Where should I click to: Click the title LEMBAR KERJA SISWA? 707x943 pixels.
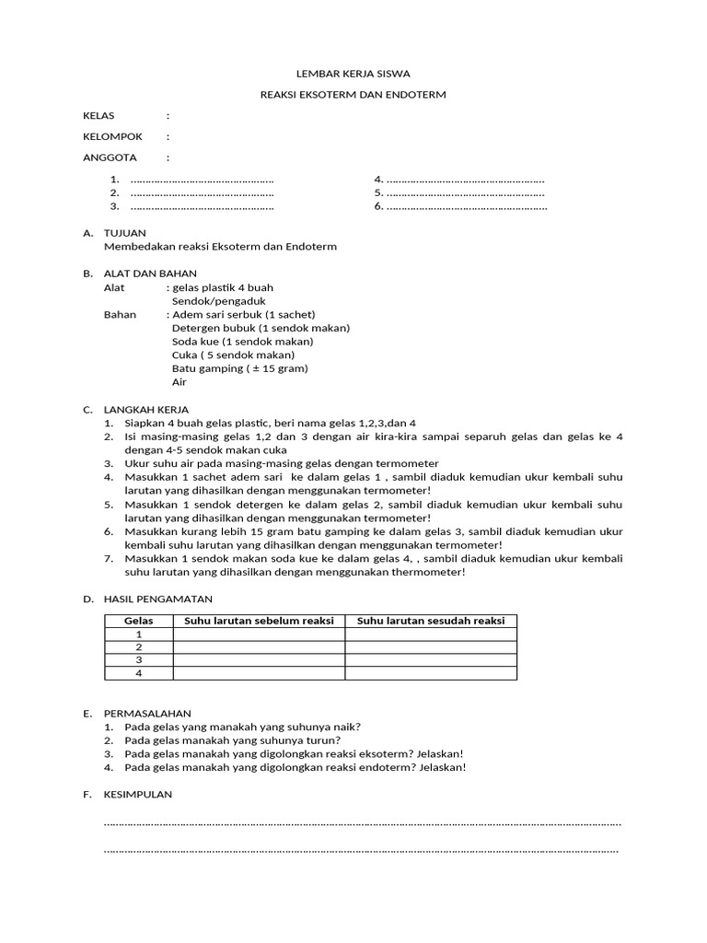pyautogui.click(x=353, y=74)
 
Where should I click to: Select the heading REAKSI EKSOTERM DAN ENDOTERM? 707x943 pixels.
pyautogui.click(x=353, y=96)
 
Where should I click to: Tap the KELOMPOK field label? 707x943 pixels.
pyautogui.click(x=112, y=136)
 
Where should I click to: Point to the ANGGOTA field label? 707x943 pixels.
pyautogui.click(x=110, y=157)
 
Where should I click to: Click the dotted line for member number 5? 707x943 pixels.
pyautogui.click(x=465, y=193)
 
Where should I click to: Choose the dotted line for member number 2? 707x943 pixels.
pyautogui.click(x=203, y=193)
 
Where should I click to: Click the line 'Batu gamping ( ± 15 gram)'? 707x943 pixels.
pyautogui.click(x=239, y=368)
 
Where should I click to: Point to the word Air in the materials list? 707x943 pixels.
pyautogui.click(x=179, y=381)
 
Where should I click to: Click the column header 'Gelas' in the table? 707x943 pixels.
pyautogui.click(x=139, y=621)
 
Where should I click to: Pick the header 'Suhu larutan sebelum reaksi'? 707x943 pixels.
pyautogui.click(x=259, y=621)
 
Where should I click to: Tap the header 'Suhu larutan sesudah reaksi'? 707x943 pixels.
pyautogui.click(x=431, y=621)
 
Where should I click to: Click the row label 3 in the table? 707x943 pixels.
pyautogui.click(x=139, y=660)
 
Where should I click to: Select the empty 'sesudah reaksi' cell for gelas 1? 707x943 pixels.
pyautogui.click(x=431, y=634)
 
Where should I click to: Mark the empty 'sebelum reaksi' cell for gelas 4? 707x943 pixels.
pyautogui.click(x=259, y=673)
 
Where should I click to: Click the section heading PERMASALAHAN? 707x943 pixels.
pyautogui.click(x=148, y=713)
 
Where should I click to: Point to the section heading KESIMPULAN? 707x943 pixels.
pyautogui.click(x=139, y=794)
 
